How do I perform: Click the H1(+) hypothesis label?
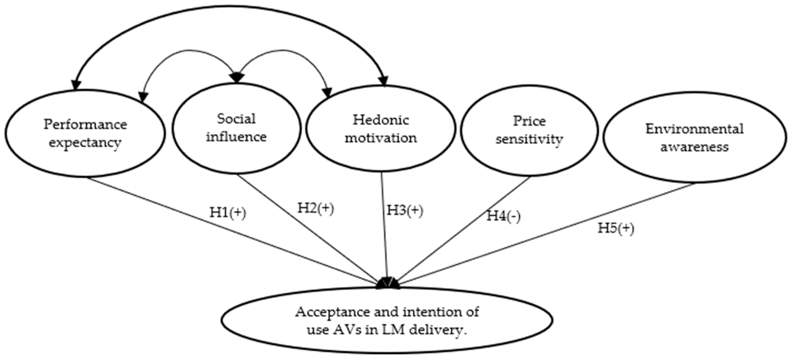(228, 212)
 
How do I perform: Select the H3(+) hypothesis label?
(405, 211)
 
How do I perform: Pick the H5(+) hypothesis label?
(616, 228)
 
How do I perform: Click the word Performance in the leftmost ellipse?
(85, 125)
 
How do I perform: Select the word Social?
(236, 119)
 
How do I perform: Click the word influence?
(236, 137)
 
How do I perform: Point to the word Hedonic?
(381, 120)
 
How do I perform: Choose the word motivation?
(381, 138)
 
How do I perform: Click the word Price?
(529, 121)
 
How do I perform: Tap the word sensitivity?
(529, 139)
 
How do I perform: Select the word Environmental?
(695, 129)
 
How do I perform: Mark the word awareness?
(695, 147)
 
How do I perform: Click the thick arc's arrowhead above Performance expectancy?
(76, 84)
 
